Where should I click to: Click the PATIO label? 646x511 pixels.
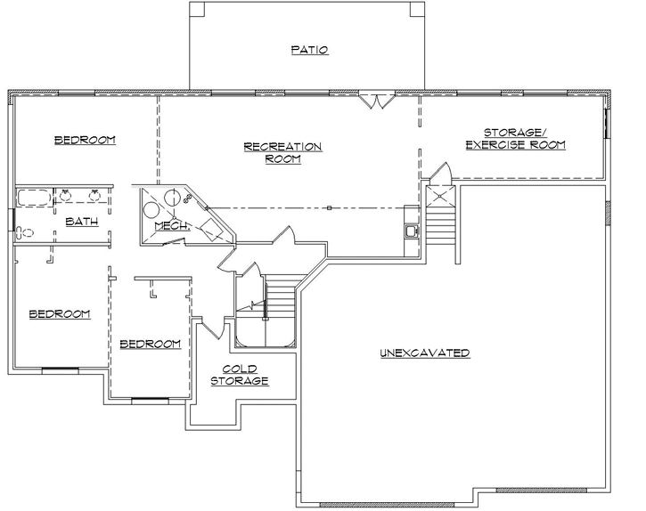(309, 50)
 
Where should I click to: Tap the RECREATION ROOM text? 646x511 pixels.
(282, 152)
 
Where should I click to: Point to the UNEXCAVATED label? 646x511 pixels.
(424, 353)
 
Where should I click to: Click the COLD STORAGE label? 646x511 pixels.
(240, 375)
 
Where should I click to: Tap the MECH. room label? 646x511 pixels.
(172, 226)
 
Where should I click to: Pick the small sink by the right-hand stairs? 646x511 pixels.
(411, 231)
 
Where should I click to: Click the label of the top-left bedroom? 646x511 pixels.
(85, 140)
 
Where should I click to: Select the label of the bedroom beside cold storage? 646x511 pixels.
(150, 344)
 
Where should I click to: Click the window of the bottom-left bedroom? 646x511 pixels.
(61, 369)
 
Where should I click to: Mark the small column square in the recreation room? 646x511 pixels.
(329, 207)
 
